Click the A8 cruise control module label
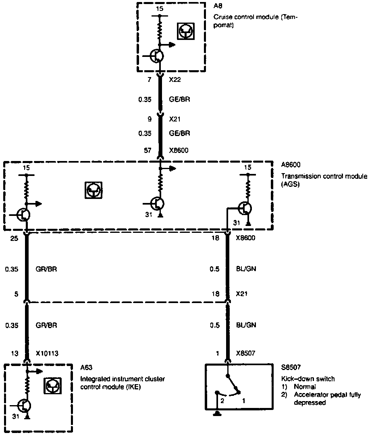coord(218,7)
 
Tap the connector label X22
coord(175,80)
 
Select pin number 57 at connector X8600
coord(148,151)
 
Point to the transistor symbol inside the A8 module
coord(156,56)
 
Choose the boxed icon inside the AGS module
coord(93,190)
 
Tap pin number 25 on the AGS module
coord(14,238)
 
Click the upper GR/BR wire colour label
coord(46,269)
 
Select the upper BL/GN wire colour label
coord(246,269)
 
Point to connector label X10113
coord(47,353)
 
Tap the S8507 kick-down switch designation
coord(291,367)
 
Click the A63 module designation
coord(86,367)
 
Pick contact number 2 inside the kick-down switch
coord(221,401)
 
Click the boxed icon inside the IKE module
coord(52,387)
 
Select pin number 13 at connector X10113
coord(15,353)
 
